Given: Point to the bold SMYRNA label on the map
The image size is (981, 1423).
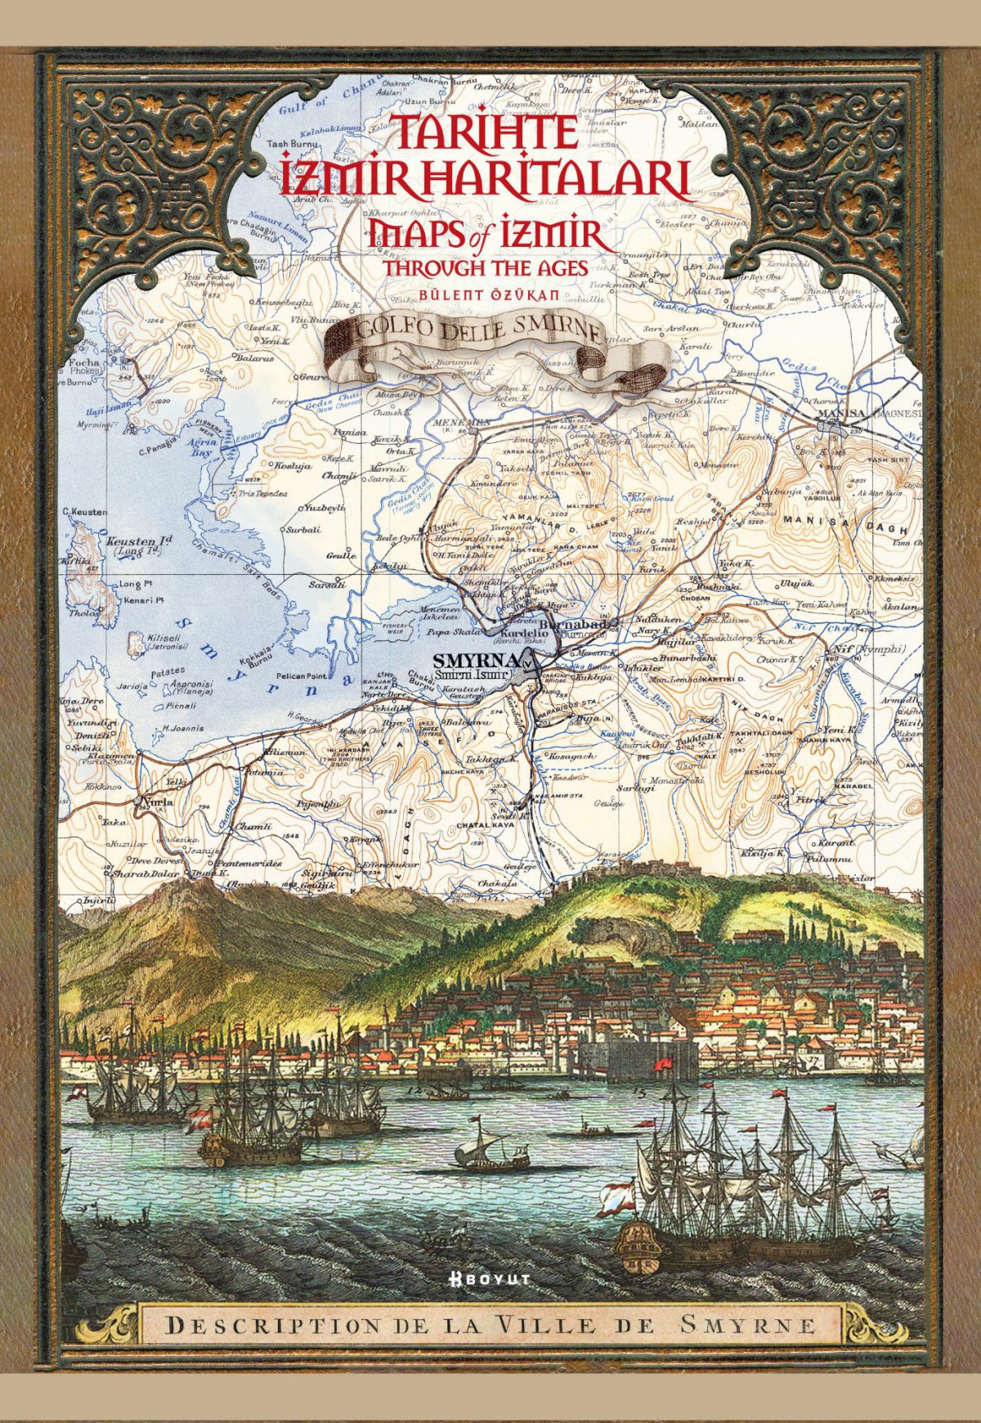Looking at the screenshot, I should [x=477, y=661].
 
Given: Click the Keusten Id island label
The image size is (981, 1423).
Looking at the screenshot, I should [x=142, y=541].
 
